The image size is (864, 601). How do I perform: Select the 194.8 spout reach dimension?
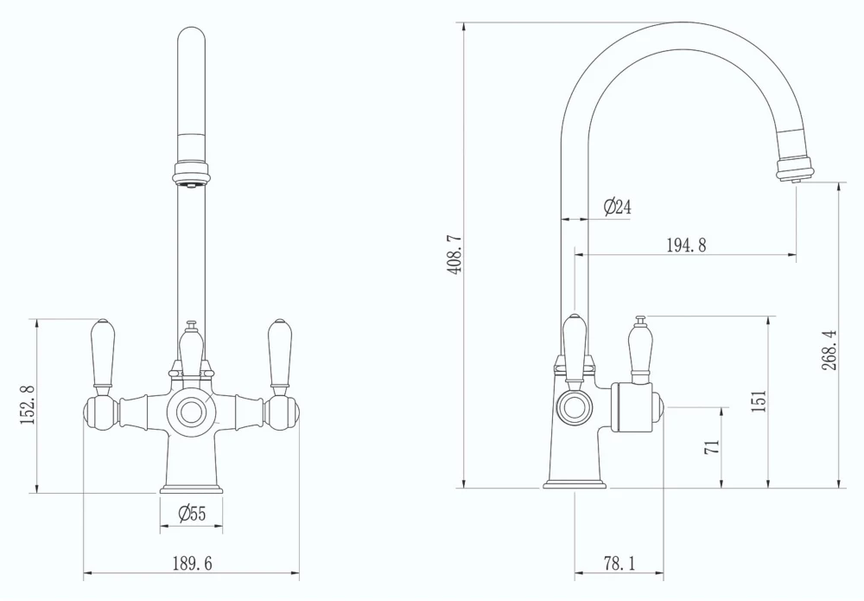point(686,246)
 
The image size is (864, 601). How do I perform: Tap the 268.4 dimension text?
point(829,350)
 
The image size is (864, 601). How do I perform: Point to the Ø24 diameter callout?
point(617,208)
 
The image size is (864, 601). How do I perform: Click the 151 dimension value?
point(759,401)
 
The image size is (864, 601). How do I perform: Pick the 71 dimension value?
point(712,447)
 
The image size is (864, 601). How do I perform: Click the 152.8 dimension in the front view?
point(27,405)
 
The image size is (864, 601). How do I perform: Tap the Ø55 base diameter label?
point(192,514)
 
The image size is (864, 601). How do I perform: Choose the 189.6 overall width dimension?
point(191,564)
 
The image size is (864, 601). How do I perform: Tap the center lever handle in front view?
point(191,350)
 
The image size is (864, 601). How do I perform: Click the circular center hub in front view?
point(191,411)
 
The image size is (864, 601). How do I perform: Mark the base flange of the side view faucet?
point(575,483)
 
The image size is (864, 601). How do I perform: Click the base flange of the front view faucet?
point(191,488)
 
